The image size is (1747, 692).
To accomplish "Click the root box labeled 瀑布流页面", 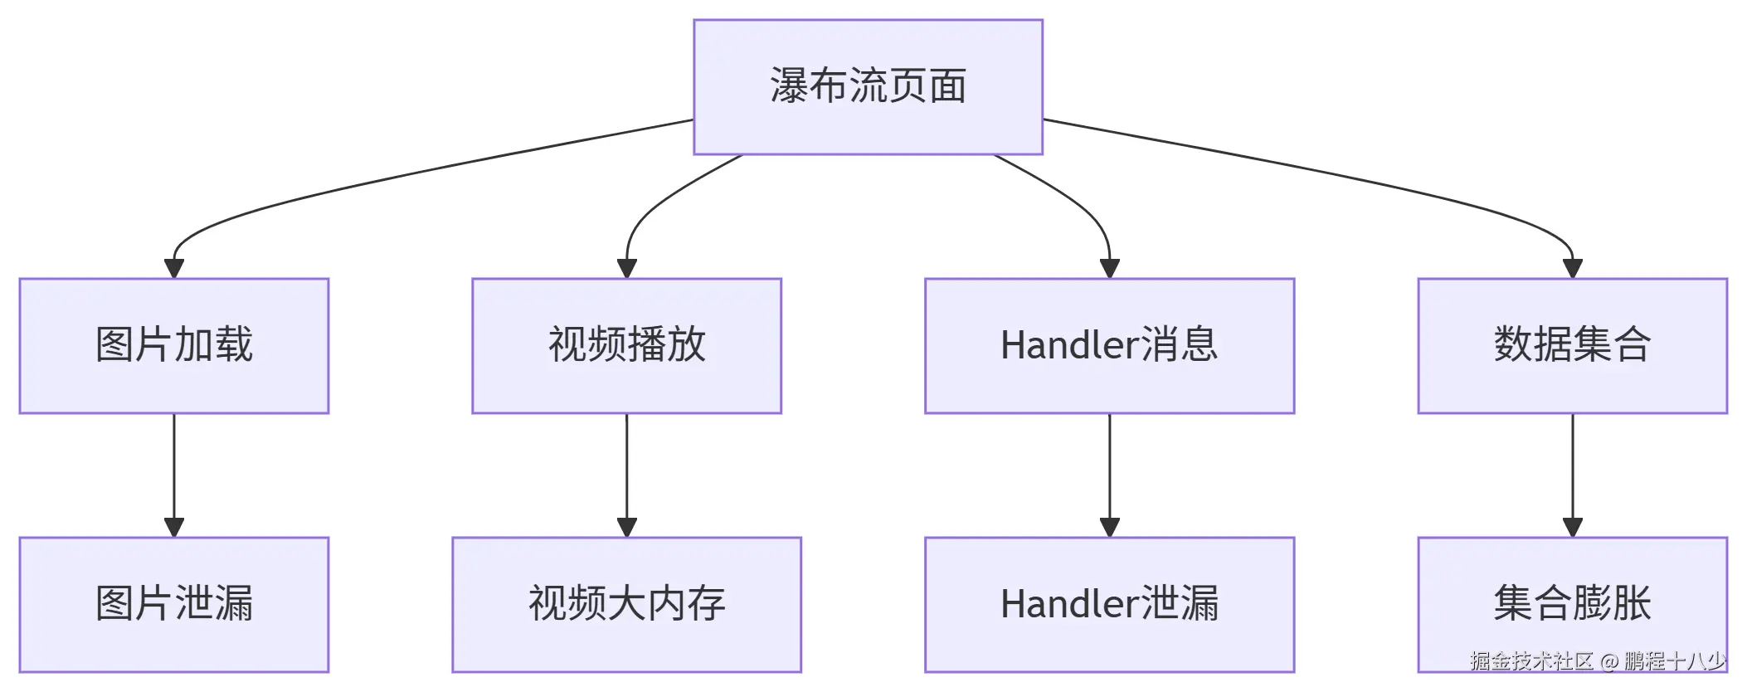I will [x=868, y=87].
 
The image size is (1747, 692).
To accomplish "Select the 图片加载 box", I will [x=174, y=345].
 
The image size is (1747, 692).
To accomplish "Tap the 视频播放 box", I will [x=626, y=345].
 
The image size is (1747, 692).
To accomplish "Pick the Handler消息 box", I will [x=1109, y=345].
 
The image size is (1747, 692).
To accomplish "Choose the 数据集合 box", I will [x=1572, y=345].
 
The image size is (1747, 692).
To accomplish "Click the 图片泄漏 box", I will [x=174, y=604].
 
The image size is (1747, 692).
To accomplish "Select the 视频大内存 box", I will [x=626, y=604].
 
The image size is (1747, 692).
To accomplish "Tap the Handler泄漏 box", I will [x=1109, y=604].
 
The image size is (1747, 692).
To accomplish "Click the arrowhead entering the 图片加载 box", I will [x=174, y=269].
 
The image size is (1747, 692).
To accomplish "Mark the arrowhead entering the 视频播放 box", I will [x=626, y=269].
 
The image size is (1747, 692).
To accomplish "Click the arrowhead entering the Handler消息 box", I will [x=1109, y=269].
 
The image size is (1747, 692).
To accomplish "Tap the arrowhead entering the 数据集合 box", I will [x=1572, y=269].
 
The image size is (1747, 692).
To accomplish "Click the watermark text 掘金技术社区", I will [x=1531, y=661].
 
